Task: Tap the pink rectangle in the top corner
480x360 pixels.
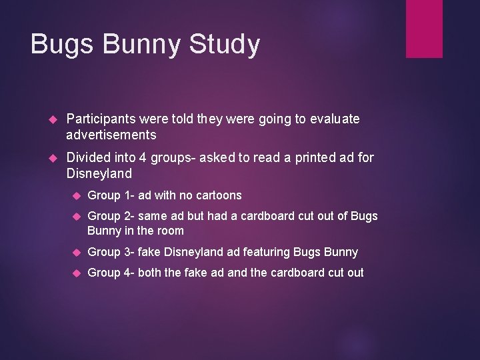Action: pyautogui.click(x=424, y=28)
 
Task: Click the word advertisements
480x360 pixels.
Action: pyautogui.click(x=111, y=135)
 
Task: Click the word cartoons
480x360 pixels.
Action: pyautogui.click(x=217, y=195)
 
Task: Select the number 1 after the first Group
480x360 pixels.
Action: pyautogui.click(x=127, y=195)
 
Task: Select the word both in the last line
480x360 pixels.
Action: pyautogui.click(x=149, y=272)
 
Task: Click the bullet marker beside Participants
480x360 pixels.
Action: pyautogui.click(x=55, y=119)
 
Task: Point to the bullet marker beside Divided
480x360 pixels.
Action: pyautogui.click(x=55, y=158)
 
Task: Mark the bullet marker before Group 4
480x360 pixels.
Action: pyautogui.click(x=76, y=273)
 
